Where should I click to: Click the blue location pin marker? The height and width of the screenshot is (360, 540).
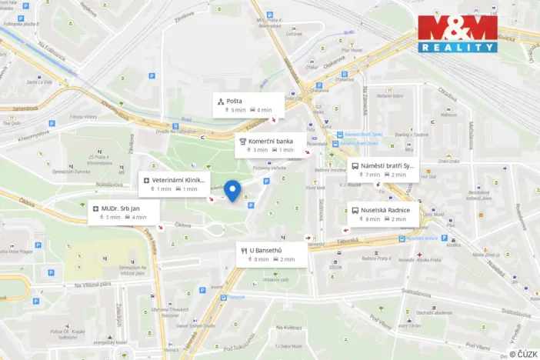click(233, 188)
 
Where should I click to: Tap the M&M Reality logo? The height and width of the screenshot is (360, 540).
click(458, 34)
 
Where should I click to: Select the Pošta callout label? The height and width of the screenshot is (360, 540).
click(248, 105)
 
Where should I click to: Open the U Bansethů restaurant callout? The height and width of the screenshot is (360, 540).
click(272, 255)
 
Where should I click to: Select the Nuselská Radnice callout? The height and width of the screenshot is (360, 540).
click(382, 214)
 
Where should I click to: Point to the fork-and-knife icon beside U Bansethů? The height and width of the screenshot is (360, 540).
click(244, 250)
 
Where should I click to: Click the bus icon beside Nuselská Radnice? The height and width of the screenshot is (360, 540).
click(355, 209)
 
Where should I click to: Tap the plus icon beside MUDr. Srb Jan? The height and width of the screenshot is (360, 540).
click(96, 208)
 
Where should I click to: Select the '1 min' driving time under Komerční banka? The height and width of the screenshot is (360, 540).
click(286, 150)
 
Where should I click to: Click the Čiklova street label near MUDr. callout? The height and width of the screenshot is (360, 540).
click(182, 225)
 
